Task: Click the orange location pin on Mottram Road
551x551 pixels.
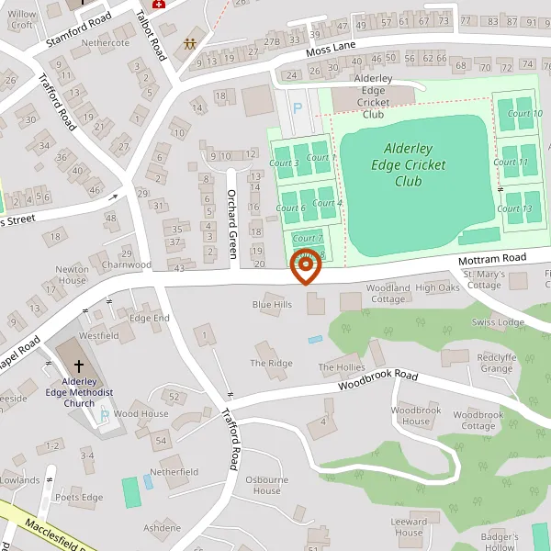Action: tap(305, 265)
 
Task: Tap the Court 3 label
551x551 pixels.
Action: tap(283, 163)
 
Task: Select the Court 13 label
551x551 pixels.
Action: tap(513, 208)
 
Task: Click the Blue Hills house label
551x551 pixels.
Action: tap(272, 304)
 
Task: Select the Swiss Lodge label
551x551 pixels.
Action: tap(497, 322)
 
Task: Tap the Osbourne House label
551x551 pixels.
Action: tap(267, 485)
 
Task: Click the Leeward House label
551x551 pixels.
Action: tap(409, 527)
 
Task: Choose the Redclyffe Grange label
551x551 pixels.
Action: tap(496, 363)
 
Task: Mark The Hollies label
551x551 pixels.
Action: tap(342, 367)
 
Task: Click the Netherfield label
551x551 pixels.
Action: tap(174, 472)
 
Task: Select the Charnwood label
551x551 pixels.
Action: tap(127, 264)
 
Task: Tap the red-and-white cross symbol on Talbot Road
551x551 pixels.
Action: tap(161, 5)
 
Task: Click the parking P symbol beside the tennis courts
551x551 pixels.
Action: tap(297, 107)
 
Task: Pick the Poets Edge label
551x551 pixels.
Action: tap(79, 498)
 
